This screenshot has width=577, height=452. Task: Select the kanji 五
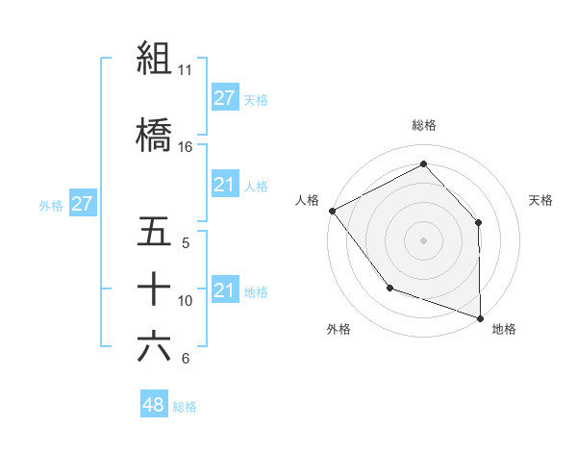tap(154, 232)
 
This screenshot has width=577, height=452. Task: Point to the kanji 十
tap(154, 289)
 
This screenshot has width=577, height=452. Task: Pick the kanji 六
tap(154, 346)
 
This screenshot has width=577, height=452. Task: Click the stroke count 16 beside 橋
tap(185, 147)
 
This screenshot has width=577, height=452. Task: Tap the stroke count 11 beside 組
tap(185, 70)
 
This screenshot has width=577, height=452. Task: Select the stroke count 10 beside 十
tap(185, 301)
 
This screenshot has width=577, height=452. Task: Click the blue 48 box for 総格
tap(154, 405)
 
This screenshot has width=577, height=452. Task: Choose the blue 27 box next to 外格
tap(82, 204)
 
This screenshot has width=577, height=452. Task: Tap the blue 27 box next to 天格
tap(224, 98)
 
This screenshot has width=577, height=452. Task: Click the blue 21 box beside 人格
tap(224, 185)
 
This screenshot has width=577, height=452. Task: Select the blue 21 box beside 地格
tap(224, 290)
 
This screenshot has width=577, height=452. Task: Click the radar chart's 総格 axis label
tap(424, 125)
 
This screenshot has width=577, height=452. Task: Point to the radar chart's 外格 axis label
tap(339, 329)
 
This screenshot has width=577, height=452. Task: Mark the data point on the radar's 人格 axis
tap(332, 211)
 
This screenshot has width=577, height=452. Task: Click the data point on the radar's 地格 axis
tap(480, 316)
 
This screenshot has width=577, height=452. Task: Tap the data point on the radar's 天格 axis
tap(479, 222)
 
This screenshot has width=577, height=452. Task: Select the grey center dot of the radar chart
tap(424, 239)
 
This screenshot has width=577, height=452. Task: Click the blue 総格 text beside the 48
tap(185, 407)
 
